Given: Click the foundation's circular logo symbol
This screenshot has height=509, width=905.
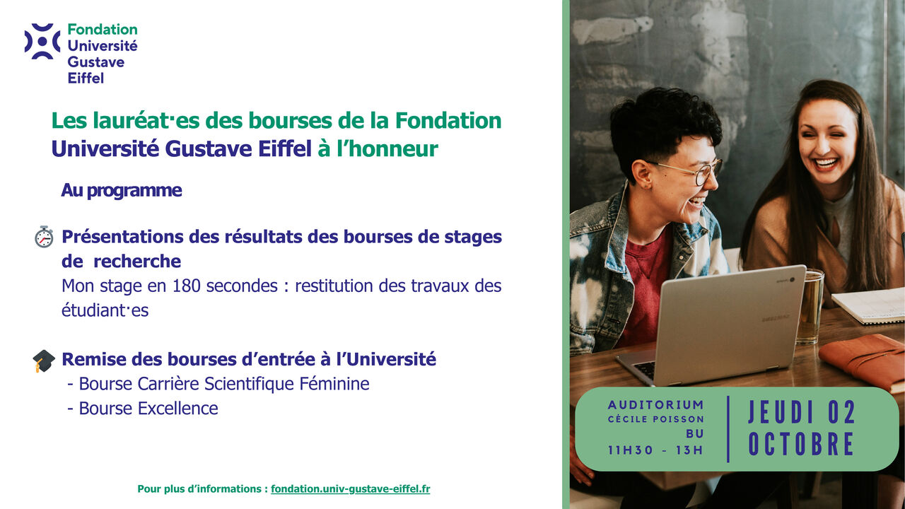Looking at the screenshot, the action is [x=42, y=41].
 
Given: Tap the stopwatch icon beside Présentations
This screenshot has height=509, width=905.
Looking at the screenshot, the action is [x=44, y=237].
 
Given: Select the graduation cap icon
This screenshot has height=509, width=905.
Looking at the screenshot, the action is [x=44, y=361].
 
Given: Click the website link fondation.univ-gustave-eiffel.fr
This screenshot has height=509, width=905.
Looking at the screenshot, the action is [x=350, y=488].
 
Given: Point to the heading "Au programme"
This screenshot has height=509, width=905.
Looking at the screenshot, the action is [x=121, y=190].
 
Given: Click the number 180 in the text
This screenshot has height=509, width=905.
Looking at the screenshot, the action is [x=186, y=286].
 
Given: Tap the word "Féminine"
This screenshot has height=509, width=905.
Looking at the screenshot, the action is [x=334, y=384].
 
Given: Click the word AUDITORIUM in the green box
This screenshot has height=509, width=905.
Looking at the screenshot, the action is [x=655, y=405].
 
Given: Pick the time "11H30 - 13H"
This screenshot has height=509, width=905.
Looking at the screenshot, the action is [x=655, y=450].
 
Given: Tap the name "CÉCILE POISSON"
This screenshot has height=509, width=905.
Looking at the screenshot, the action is [x=655, y=419].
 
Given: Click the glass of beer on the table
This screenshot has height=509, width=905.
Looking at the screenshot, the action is [x=810, y=306].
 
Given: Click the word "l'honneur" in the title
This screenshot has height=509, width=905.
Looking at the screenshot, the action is [x=387, y=148].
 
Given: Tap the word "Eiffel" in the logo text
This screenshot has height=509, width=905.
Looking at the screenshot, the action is [x=86, y=78].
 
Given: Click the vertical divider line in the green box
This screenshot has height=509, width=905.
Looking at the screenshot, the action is [x=728, y=429].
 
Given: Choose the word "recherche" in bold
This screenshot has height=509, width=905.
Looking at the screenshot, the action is [x=137, y=262].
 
